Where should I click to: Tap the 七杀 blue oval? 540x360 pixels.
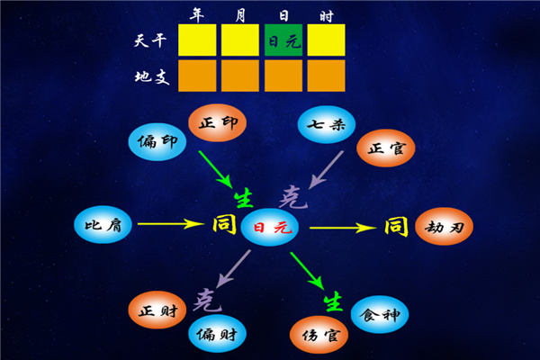click(x=324, y=125)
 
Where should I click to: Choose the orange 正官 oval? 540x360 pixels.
click(x=386, y=148)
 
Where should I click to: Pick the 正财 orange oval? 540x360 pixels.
click(x=157, y=311)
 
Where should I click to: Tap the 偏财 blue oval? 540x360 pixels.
click(x=217, y=334)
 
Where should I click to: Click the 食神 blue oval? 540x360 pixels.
click(x=380, y=313)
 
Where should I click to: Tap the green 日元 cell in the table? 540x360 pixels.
click(x=283, y=40)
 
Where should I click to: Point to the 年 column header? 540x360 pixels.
click(x=197, y=13)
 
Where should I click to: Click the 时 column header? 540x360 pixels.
click(x=326, y=13)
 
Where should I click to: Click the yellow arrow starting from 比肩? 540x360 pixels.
click(x=170, y=223)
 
